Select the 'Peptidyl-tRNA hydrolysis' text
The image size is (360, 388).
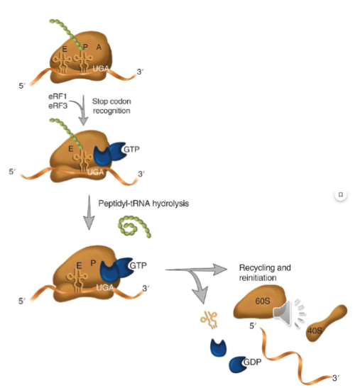click(x=151, y=202)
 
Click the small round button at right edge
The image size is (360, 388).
click(x=341, y=194)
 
